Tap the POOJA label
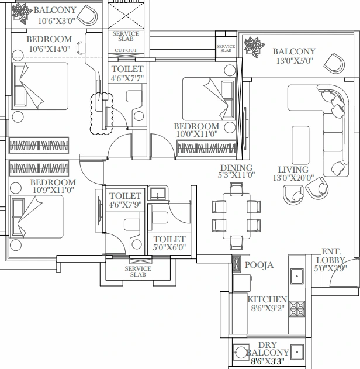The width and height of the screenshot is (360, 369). [x=258, y=265]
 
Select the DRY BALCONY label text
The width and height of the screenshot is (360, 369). [x=268, y=349]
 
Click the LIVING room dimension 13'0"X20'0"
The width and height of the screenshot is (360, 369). [x=293, y=178]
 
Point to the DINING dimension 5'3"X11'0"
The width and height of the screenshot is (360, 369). [x=237, y=174]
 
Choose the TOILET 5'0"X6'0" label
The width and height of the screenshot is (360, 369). [x=169, y=243]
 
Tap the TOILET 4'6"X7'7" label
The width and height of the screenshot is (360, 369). [x=127, y=73]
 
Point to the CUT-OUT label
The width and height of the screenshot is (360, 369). [x=126, y=51]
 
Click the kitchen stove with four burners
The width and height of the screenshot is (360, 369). [x=297, y=308]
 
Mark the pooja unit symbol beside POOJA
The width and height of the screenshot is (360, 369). [x=236, y=265]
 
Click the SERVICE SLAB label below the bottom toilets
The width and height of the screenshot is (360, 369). [x=138, y=271]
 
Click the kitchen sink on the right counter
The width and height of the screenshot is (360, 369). [x=297, y=275]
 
